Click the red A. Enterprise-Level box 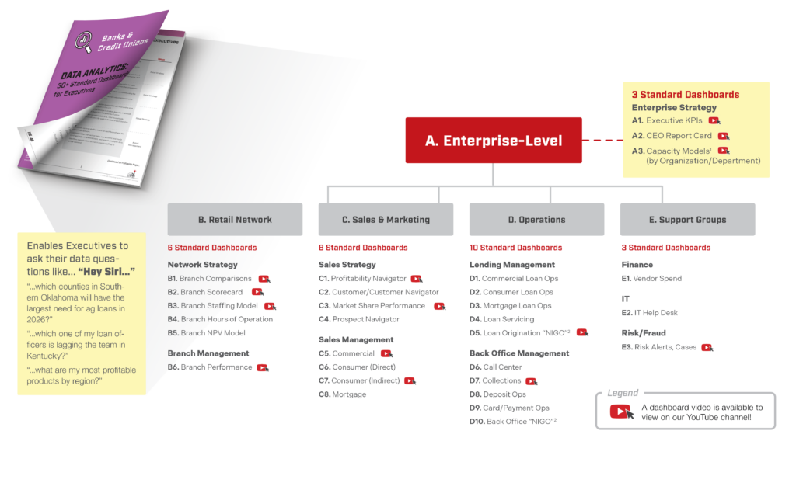pyautogui.click(x=494, y=141)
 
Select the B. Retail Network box pyautogui.click(x=235, y=220)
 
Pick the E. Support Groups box pyautogui.click(x=687, y=220)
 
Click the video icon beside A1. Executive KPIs pyautogui.click(x=714, y=121)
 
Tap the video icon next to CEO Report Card pyautogui.click(x=724, y=136)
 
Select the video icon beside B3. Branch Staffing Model pyautogui.click(x=270, y=306)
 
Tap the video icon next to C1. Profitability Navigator pyautogui.click(x=417, y=279)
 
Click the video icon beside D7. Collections pyautogui.click(x=531, y=381)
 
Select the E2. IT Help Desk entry pyautogui.click(x=649, y=313)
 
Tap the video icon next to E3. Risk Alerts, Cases pyautogui.click(x=706, y=348)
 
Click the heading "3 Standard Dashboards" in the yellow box pyautogui.click(x=685, y=95)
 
